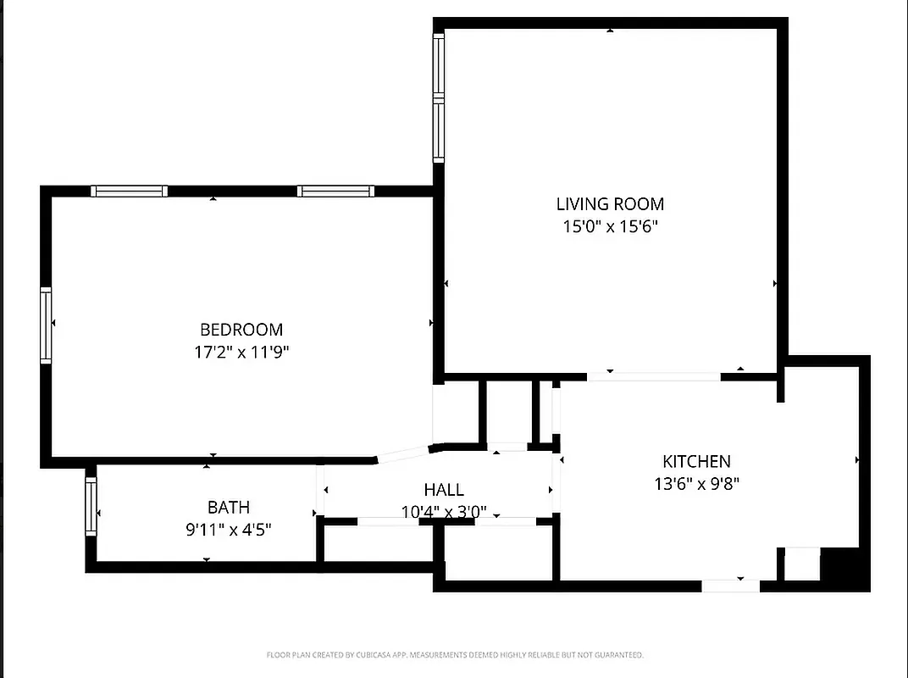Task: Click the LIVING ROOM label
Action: (x=610, y=204)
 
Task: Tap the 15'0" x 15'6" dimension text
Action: (x=610, y=226)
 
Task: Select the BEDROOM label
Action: (x=241, y=330)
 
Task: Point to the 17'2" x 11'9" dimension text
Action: (x=241, y=352)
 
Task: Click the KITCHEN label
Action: (x=696, y=462)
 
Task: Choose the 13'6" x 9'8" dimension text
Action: (x=696, y=485)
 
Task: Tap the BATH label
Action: (x=229, y=508)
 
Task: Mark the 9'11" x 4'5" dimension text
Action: (x=229, y=530)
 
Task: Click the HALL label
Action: (x=444, y=490)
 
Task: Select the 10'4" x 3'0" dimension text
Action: (x=444, y=512)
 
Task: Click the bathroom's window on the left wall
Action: (x=91, y=505)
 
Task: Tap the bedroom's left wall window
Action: (x=46, y=326)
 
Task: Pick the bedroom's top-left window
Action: (x=129, y=191)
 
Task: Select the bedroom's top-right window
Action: (x=335, y=191)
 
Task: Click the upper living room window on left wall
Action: (x=439, y=66)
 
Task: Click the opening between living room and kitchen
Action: (x=654, y=376)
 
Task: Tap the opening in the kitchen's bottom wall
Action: (x=730, y=585)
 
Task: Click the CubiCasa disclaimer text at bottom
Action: (x=455, y=655)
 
